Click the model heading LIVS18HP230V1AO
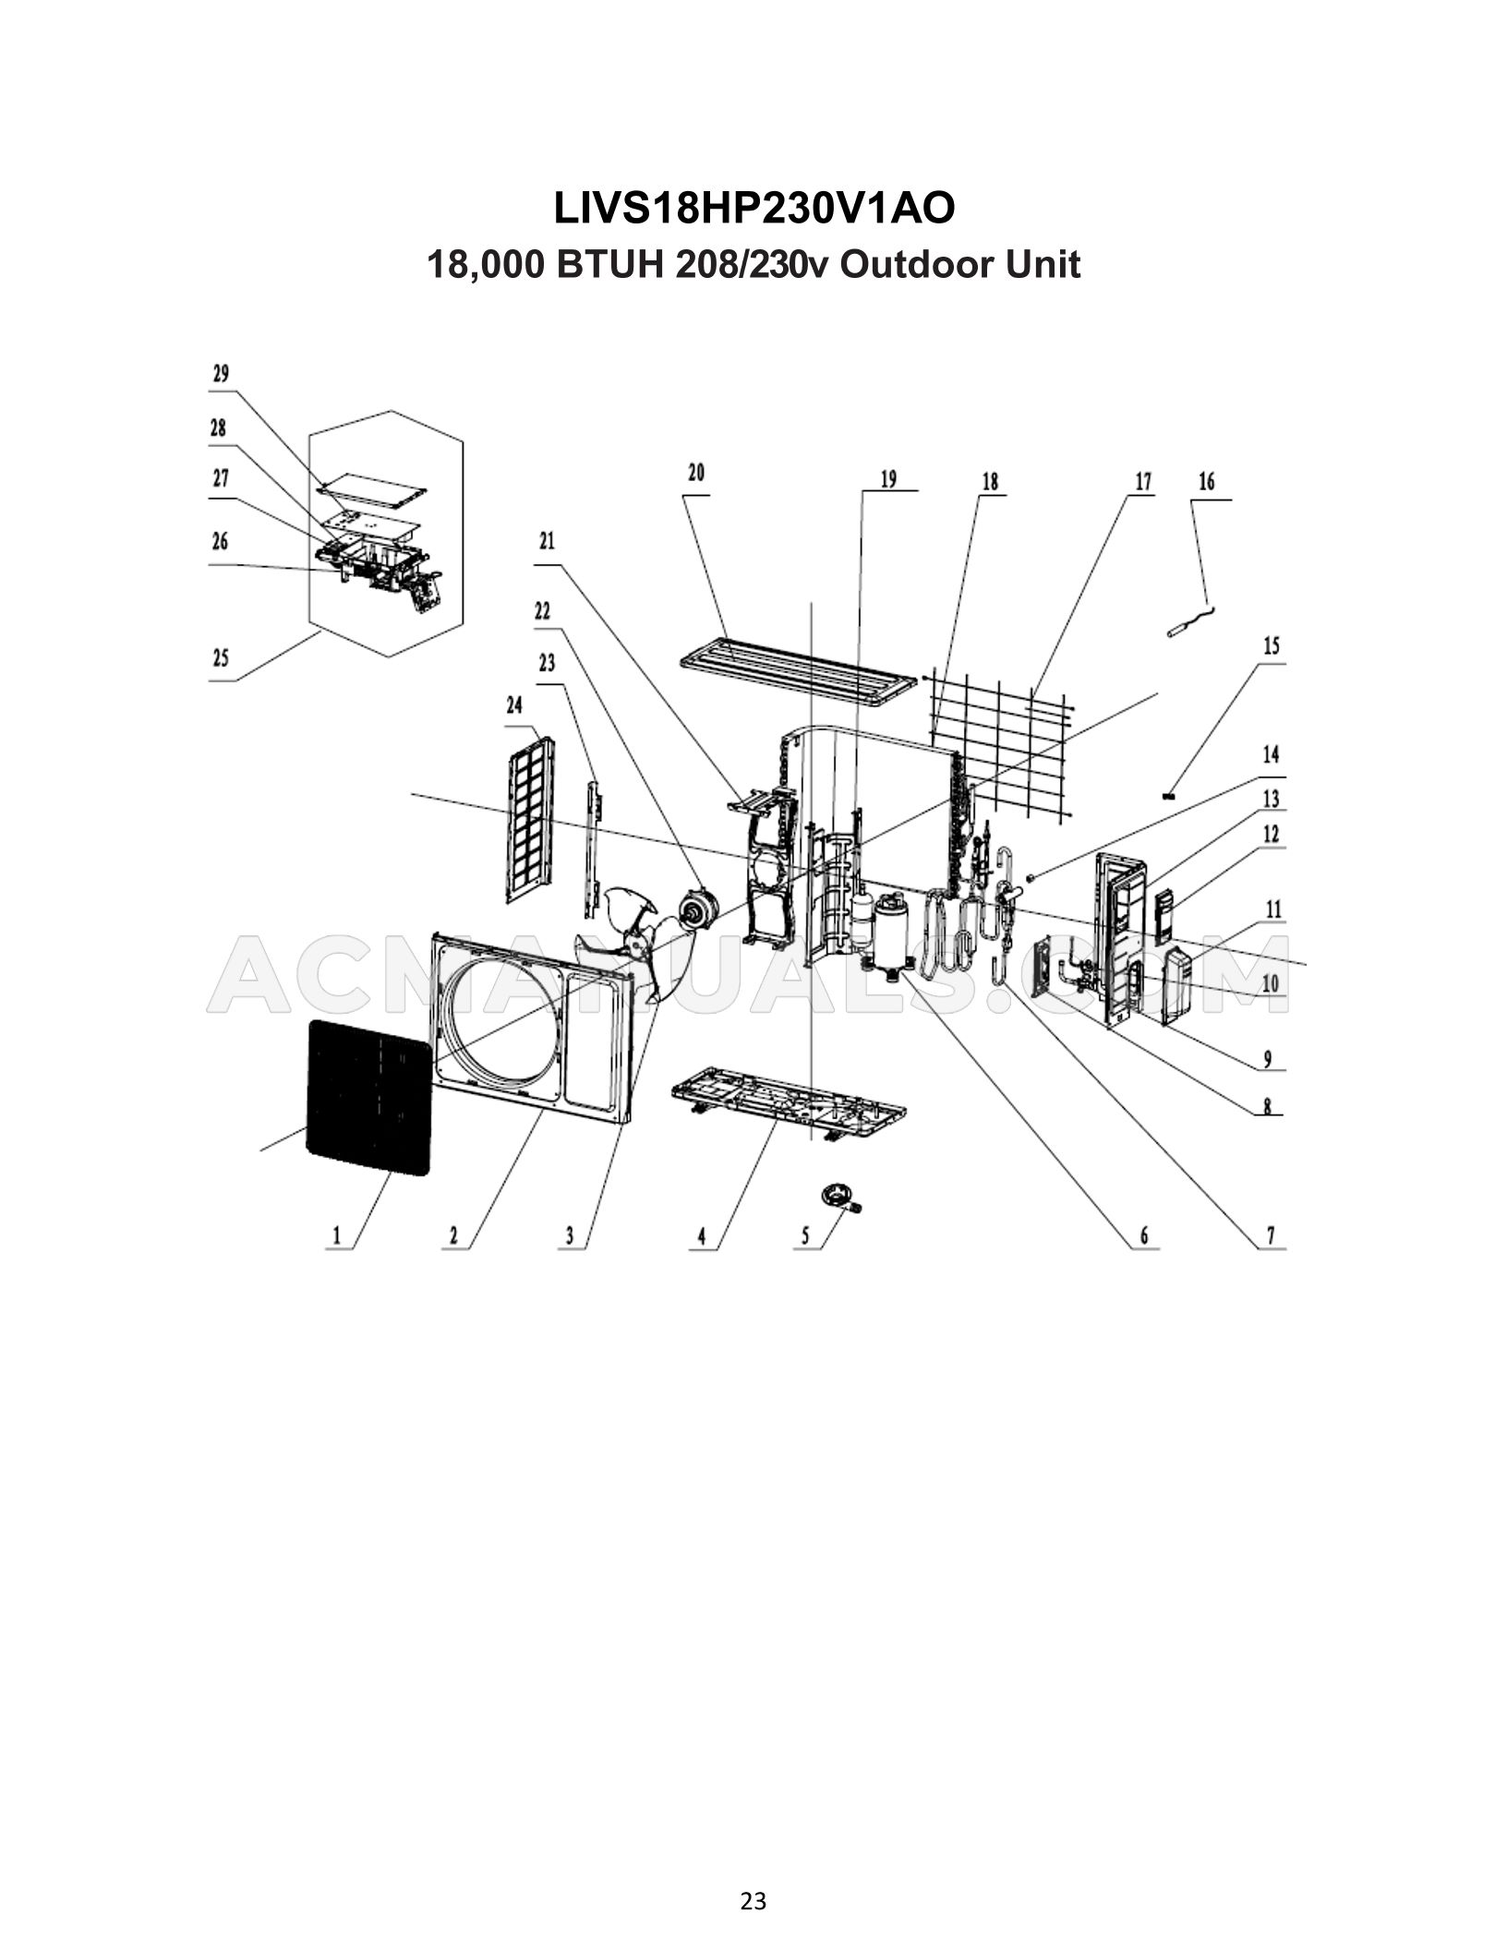(x=753, y=210)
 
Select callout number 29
(x=221, y=375)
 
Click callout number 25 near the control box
(x=221, y=659)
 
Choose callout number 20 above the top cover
(x=696, y=474)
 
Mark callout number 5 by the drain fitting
(x=805, y=1235)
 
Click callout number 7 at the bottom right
(x=1271, y=1235)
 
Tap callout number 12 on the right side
(x=1271, y=835)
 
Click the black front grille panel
(x=368, y=1097)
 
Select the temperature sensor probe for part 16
(x=1187, y=628)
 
